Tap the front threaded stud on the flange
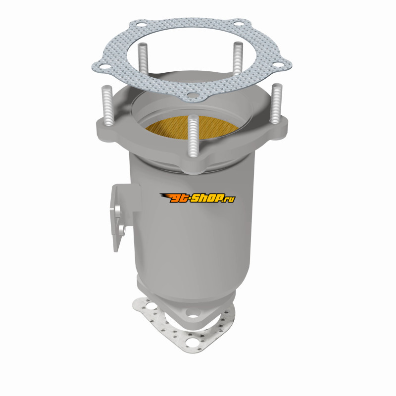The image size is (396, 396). tap(193, 137)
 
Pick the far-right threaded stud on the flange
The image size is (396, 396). tap(276, 103)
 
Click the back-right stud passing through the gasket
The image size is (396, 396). tap(238, 57)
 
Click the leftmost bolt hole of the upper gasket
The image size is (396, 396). tap(104, 67)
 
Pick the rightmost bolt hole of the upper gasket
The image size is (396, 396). tap(278, 65)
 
